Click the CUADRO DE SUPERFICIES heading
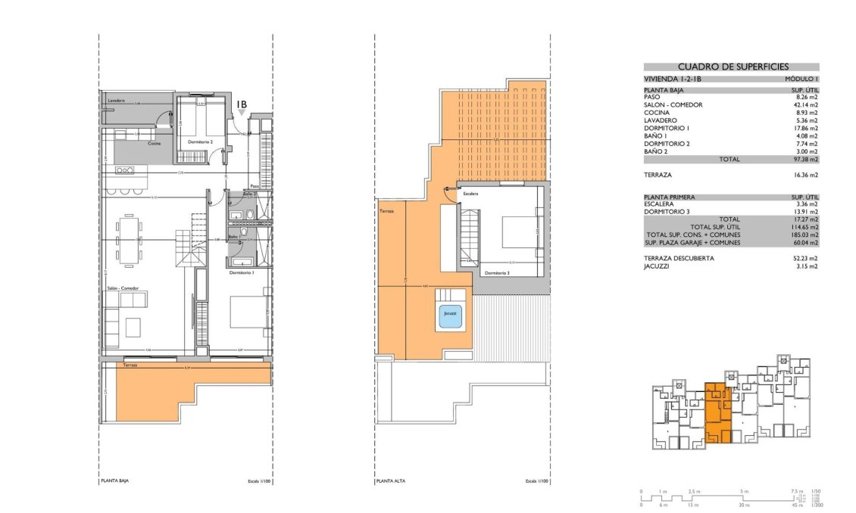coord(731,67)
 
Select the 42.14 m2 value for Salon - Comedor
coord(804,104)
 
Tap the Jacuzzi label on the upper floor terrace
coord(451,313)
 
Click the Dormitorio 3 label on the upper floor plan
coord(498,272)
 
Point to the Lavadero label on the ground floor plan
coord(116,101)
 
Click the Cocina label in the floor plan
coord(154,143)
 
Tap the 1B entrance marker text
coord(242,104)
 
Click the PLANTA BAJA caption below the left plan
coord(116,481)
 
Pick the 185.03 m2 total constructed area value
coord(804,235)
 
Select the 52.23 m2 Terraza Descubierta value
coord(804,258)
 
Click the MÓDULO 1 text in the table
coord(801,79)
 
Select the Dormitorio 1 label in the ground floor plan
coord(240,271)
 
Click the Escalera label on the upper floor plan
coord(472,194)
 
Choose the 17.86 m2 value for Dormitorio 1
coord(804,128)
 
